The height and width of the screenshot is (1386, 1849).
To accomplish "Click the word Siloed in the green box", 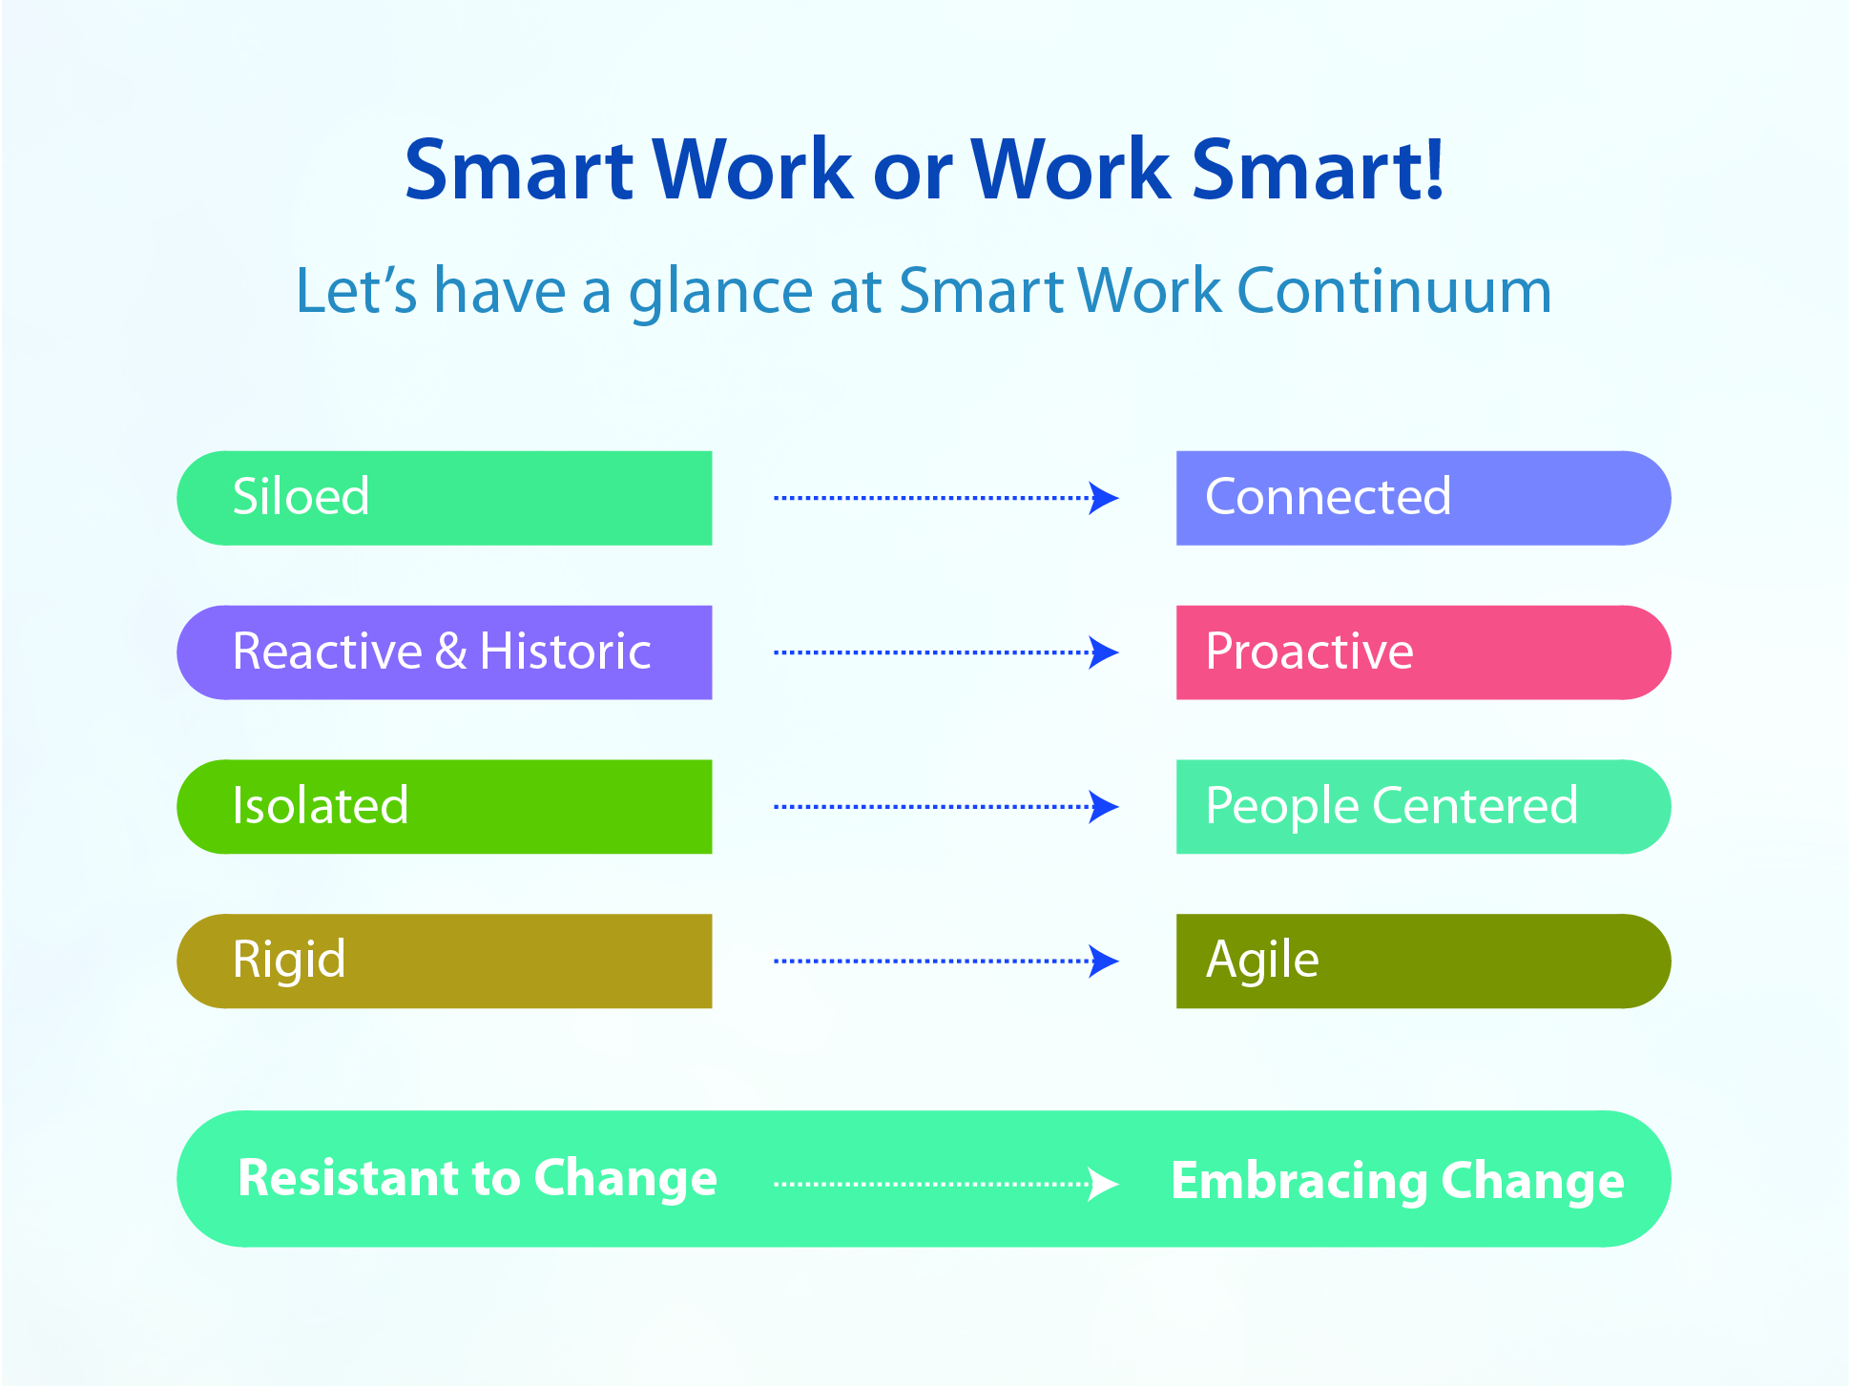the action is (301, 496).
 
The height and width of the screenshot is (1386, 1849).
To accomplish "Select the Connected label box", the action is (1423, 498).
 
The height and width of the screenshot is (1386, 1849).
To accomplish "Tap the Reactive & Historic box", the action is (445, 652).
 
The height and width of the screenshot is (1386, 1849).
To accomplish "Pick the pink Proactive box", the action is (1423, 652).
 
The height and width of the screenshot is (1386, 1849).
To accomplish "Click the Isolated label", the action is (321, 805).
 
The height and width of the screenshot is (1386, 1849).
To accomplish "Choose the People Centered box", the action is (1423, 807).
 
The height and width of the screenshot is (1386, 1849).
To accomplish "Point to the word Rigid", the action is (289, 961).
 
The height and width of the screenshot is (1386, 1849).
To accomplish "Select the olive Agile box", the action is (1423, 962).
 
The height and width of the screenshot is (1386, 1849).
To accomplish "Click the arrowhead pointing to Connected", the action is (1104, 498).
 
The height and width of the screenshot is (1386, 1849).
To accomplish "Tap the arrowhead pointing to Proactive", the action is (1104, 652).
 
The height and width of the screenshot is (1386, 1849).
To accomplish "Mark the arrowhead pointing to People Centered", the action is (1104, 807).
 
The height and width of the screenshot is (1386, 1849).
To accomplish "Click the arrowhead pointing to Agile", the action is (1104, 962).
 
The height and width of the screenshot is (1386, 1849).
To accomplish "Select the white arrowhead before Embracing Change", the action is (1104, 1184).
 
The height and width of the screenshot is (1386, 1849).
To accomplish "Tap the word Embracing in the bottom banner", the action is (1298, 1182).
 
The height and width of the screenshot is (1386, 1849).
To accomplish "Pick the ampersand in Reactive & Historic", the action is (451, 652).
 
